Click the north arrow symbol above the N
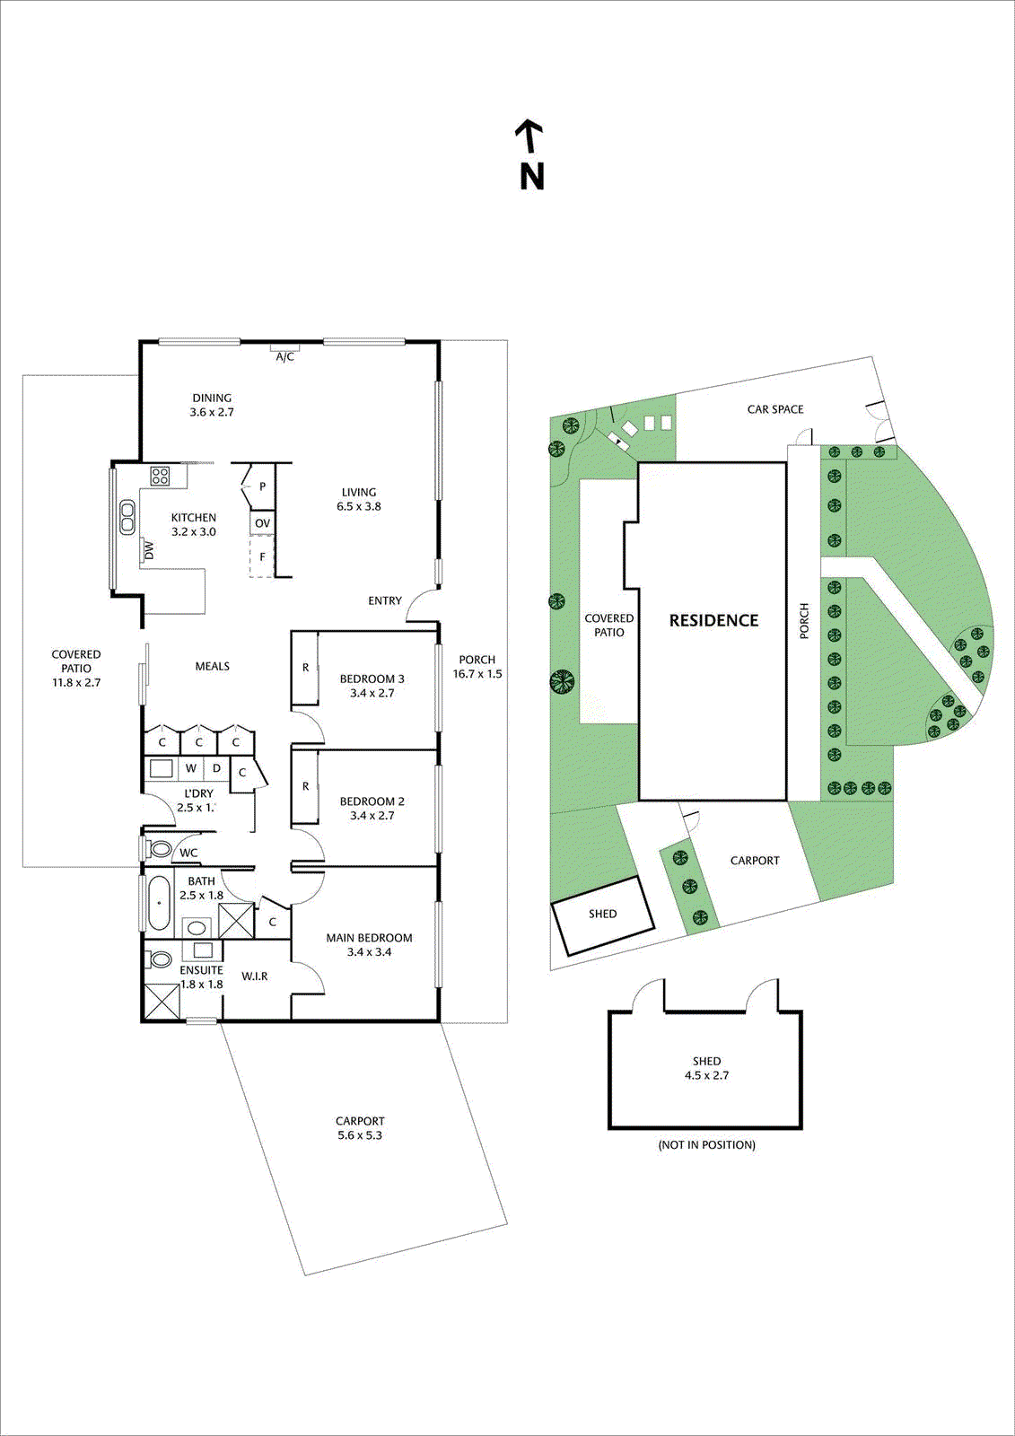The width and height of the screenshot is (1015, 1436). click(529, 136)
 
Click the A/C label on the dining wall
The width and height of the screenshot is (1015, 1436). click(284, 356)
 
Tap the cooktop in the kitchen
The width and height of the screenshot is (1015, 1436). click(160, 477)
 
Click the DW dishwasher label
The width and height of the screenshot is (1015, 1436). click(149, 550)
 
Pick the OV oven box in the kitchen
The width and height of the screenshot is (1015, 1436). click(262, 523)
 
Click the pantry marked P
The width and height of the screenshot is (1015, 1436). click(262, 486)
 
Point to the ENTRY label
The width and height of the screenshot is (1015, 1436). click(385, 600)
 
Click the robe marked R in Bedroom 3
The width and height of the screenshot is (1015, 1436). click(305, 668)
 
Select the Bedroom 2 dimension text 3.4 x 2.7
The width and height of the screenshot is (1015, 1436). click(372, 816)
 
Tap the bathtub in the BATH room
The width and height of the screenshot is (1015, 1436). click(159, 903)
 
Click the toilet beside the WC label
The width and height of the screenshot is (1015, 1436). click(162, 849)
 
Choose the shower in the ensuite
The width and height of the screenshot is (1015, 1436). click(162, 1002)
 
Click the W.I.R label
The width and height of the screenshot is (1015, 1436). click(255, 976)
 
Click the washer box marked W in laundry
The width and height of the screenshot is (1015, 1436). click(191, 768)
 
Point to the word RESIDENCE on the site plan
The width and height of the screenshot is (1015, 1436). click(713, 620)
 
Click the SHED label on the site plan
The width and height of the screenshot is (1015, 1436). click(602, 914)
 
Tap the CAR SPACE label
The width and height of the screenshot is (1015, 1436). click(775, 409)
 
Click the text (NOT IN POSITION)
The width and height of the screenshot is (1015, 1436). click(706, 1144)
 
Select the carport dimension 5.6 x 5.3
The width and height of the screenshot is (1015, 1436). click(360, 1135)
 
